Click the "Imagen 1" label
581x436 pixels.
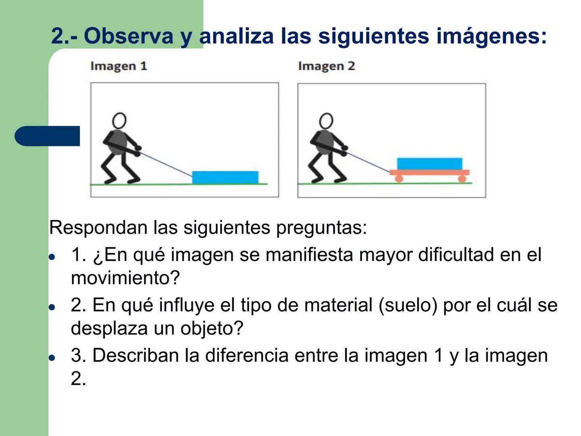[x=119, y=66]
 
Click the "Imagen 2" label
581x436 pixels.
[x=326, y=66]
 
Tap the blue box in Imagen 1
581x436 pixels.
[x=225, y=177]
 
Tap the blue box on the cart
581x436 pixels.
[x=430, y=163]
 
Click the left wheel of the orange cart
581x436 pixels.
[x=399, y=178]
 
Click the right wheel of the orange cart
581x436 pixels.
[x=462, y=178]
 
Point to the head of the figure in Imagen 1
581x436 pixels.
[x=119, y=120]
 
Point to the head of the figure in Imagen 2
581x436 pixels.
[x=326, y=120]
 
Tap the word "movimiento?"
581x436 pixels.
[x=125, y=278]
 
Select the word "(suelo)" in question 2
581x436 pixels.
[x=408, y=305]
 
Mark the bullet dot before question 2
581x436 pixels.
[x=52, y=307]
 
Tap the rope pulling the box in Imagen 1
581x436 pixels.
[x=165, y=164]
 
